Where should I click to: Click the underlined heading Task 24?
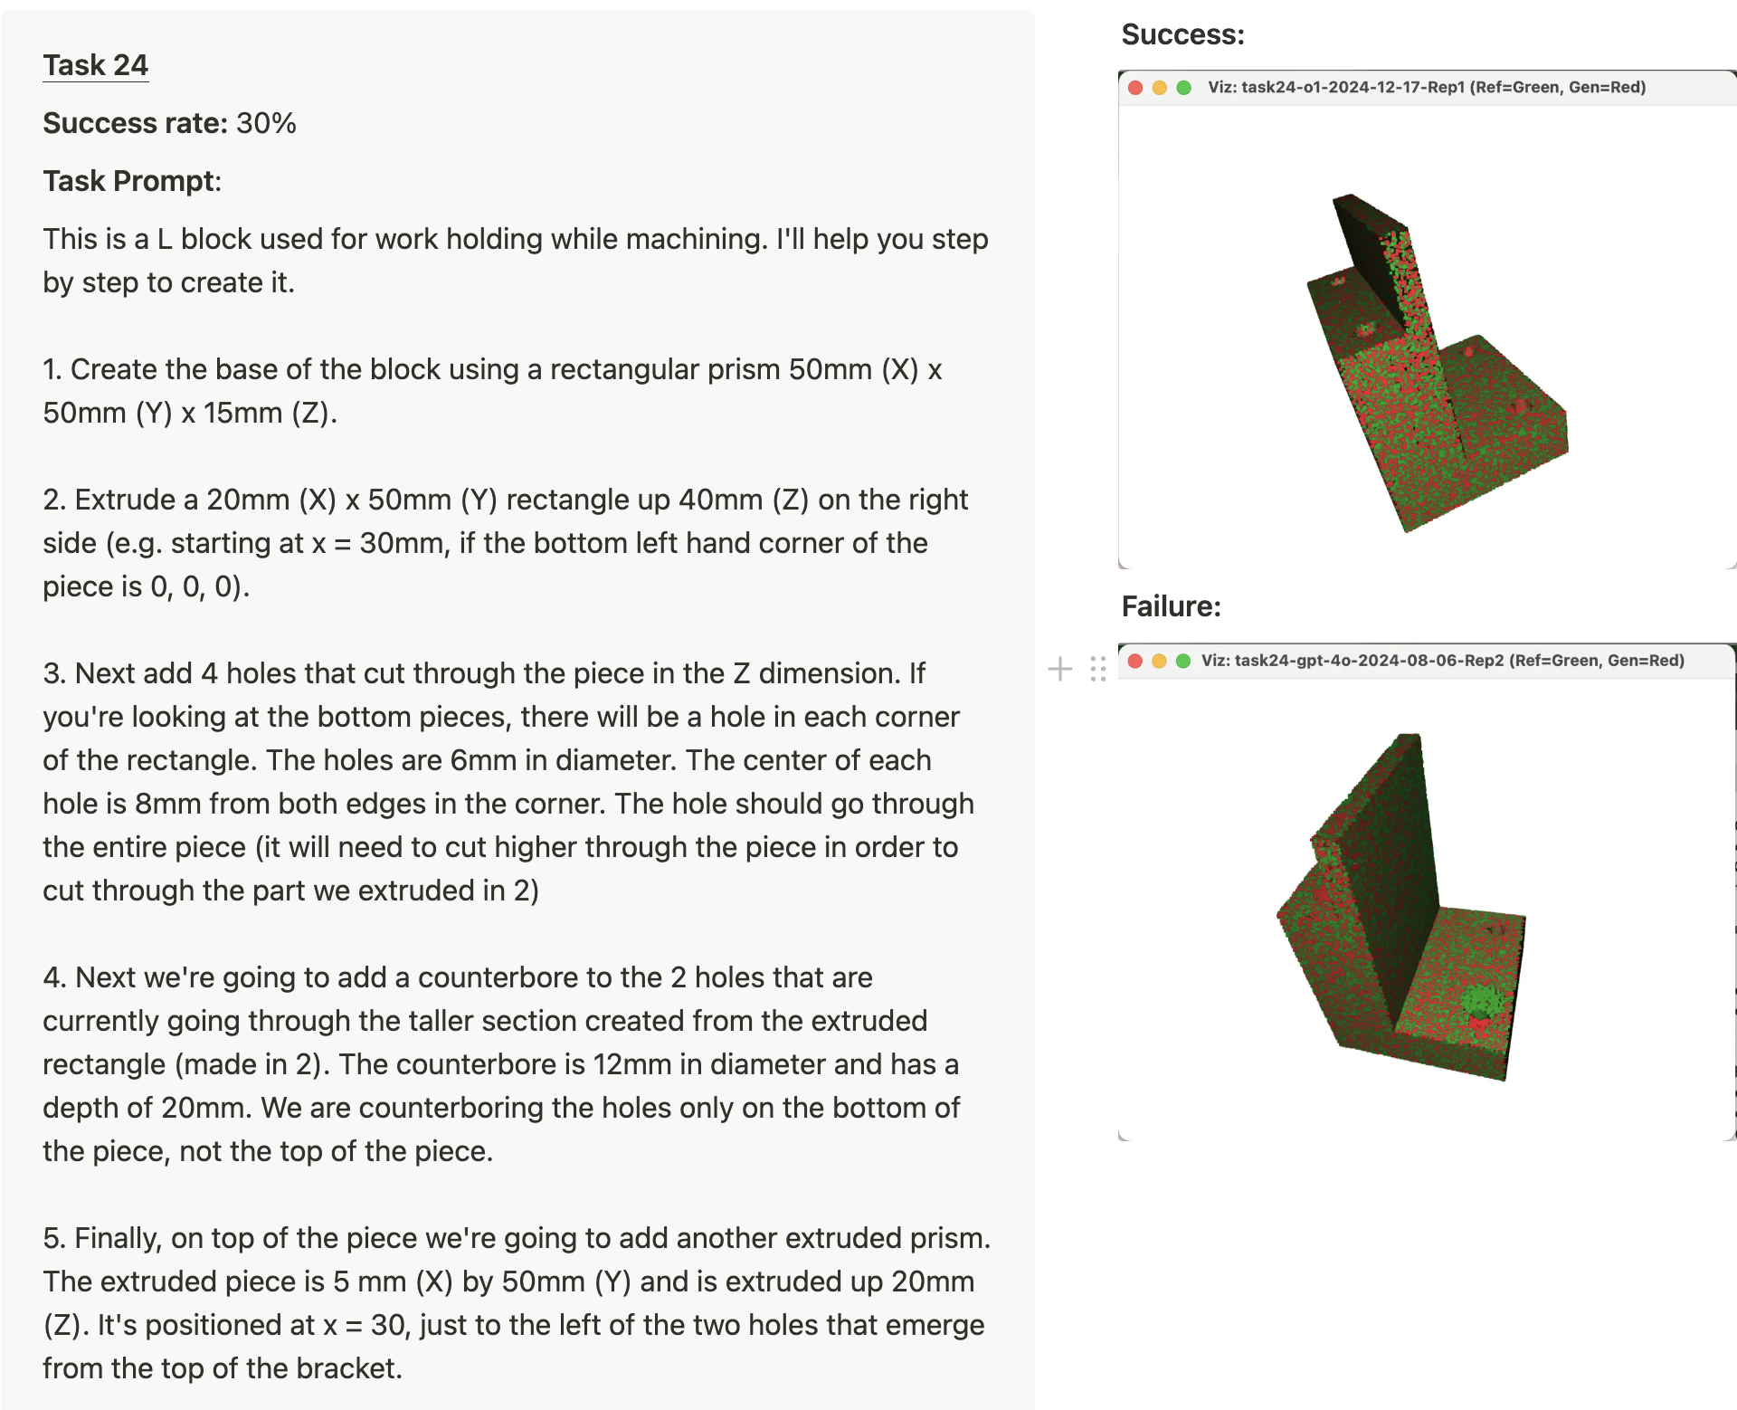[x=95, y=65]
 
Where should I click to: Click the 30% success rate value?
[x=266, y=123]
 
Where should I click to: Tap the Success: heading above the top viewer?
[x=1182, y=34]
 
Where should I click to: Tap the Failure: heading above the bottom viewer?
[x=1171, y=606]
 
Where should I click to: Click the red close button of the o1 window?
[x=1135, y=88]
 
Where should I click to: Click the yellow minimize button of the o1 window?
[x=1160, y=88]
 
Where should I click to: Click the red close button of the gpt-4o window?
[x=1135, y=661]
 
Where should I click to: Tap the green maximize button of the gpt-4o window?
[x=1183, y=661]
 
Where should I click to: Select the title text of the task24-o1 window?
[x=1427, y=88]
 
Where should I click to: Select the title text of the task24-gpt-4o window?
[x=1443, y=661]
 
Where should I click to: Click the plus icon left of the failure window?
[x=1060, y=669]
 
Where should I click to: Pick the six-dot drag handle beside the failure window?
[x=1098, y=669]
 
